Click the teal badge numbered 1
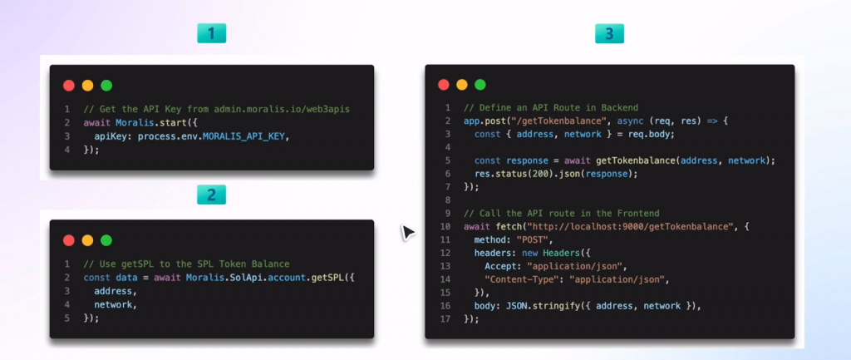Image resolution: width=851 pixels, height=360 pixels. pyautogui.click(x=211, y=33)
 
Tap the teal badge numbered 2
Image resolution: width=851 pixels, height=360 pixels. pyautogui.click(x=211, y=195)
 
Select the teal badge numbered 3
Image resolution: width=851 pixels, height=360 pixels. pyautogui.click(x=609, y=33)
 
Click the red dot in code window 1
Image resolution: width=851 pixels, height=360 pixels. pyautogui.click(x=69, y=86)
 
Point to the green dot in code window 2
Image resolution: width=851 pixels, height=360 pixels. pyautogui.click(x=106, y=240)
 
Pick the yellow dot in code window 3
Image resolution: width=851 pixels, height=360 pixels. pyautogui.click(x=462, y=85)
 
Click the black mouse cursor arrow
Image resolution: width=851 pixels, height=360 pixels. pyautogui.click(x=407, y=232)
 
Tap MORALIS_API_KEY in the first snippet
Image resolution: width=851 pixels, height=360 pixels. pyautogui.click(x=243, y=137)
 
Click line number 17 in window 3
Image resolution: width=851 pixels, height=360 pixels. pyautogui.click(x=445, y=319)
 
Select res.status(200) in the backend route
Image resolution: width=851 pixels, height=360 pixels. pyautogui.click(x=509, y=174)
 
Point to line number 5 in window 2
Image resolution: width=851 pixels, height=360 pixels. pyautogui.click(x=67, y=318)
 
